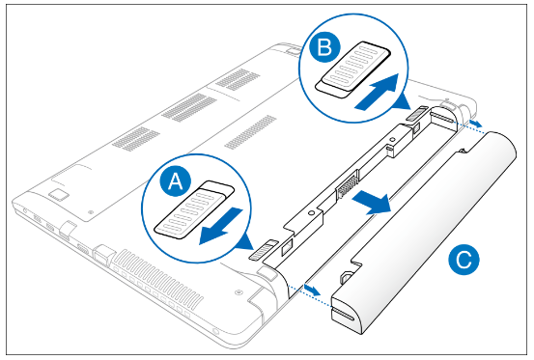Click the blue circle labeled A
(x=176, y=181)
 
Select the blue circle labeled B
(x=324, y=46)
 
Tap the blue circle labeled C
(x=464, y=260)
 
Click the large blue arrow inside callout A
(x=221, y=226)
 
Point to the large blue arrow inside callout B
(x=377, y=92)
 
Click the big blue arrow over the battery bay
(x=371, y=202)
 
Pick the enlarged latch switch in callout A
(x=194, y=208)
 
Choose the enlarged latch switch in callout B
(x=352, y=69)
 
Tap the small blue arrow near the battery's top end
(x=476, y=123)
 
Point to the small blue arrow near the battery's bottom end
(x=312, y=291)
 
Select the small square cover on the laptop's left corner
(x=59, y=195)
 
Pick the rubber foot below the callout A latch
(x=267, y=274)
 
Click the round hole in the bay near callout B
(x=392, y=139)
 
